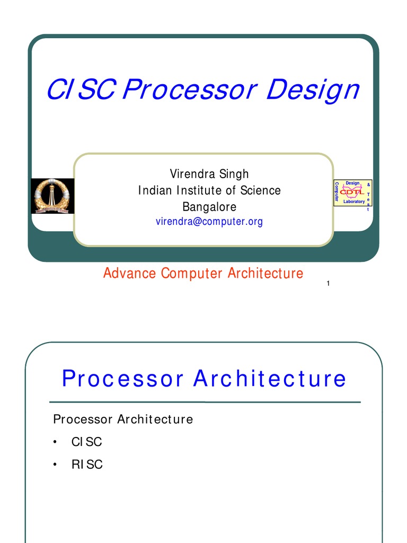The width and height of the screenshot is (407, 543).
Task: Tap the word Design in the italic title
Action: [x=312, y=90]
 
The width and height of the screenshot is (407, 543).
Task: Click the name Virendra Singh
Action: [x=209, y=174]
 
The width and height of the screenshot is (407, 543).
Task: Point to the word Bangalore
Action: [x=209, y=206]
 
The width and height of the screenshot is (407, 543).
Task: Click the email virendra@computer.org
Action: [x=209, y=222]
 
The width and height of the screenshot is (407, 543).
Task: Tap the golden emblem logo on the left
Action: [x=52, y=196]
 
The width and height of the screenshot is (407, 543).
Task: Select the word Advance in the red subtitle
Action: [x=130, y=274]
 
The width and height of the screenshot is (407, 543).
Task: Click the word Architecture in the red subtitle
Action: [x=266, y=274]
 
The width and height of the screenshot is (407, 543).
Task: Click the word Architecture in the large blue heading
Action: [x=270, y=379]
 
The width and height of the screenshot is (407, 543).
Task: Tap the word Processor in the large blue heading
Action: [x=123, y=379]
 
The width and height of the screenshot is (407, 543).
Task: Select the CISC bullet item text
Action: [x=87, y=442]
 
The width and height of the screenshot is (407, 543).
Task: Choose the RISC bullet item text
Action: [x=87, y=465]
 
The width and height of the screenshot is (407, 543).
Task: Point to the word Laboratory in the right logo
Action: [x=354, y=202]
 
